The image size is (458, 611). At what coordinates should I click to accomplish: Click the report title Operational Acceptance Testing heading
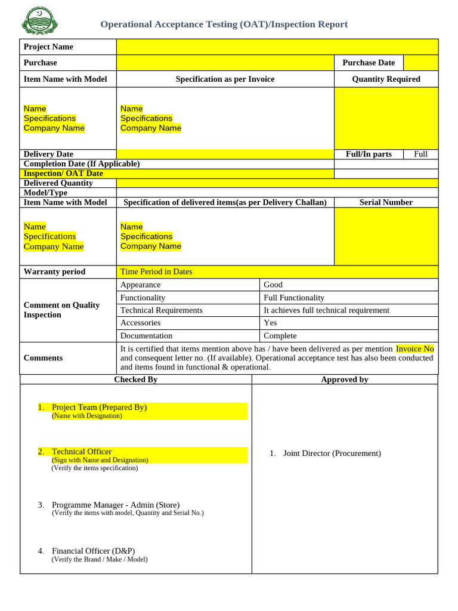click(x=224, y=24)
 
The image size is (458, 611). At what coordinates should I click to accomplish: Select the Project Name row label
click(x=48, y=47)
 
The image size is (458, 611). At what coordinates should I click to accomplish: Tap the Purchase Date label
click(x=369, y=63)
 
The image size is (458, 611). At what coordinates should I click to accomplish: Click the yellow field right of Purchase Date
click(x=420, y=63)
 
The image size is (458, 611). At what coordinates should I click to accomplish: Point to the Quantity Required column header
click(x=386, y=79)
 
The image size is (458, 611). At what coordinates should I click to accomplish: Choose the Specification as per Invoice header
click(x=225, y=79)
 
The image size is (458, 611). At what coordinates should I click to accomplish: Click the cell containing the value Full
click(x=420, y=154)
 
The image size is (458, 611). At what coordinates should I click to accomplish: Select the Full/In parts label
click(x=369, y=154)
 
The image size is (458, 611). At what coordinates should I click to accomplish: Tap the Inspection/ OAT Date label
click(x=63, y=174)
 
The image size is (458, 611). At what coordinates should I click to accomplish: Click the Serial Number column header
click(x=386, y=202)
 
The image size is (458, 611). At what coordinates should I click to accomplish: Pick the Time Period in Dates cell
click(x=156, y=271)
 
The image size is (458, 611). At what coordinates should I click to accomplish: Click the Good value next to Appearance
click(x=273, y=285)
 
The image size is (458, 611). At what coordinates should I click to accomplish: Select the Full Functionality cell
click(x=294, y=298)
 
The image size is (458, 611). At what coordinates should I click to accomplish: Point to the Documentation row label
click(x=146, y=336)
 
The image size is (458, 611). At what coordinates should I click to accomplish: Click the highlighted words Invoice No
click(x=414, y=348)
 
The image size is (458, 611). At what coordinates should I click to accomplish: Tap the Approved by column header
click(x=345, y=379)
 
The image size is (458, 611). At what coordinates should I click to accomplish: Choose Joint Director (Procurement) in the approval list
click(x=332, y=453)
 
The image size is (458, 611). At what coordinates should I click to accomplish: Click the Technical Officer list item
click(x=82, y=452)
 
